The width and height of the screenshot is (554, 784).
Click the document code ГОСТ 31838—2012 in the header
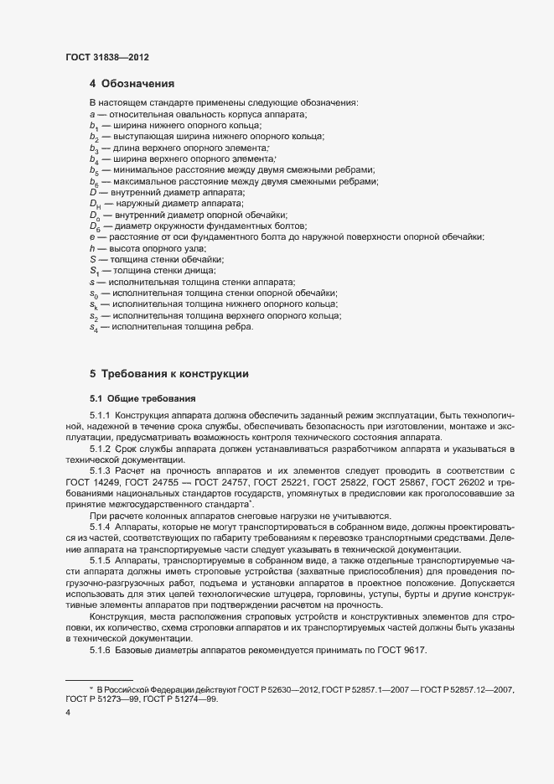click(107, 58)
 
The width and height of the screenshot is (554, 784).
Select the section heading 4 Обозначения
click(132, 84)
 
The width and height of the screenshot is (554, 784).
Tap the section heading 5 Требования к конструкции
click(168, 373)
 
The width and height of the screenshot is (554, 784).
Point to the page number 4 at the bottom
click(68, 714)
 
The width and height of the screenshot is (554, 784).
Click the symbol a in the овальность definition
click(91, 113)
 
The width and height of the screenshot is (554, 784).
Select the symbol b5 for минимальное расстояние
click(94, 170)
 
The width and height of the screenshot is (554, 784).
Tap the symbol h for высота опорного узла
click(91, 248)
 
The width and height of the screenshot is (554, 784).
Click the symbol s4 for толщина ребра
click(94, 327)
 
